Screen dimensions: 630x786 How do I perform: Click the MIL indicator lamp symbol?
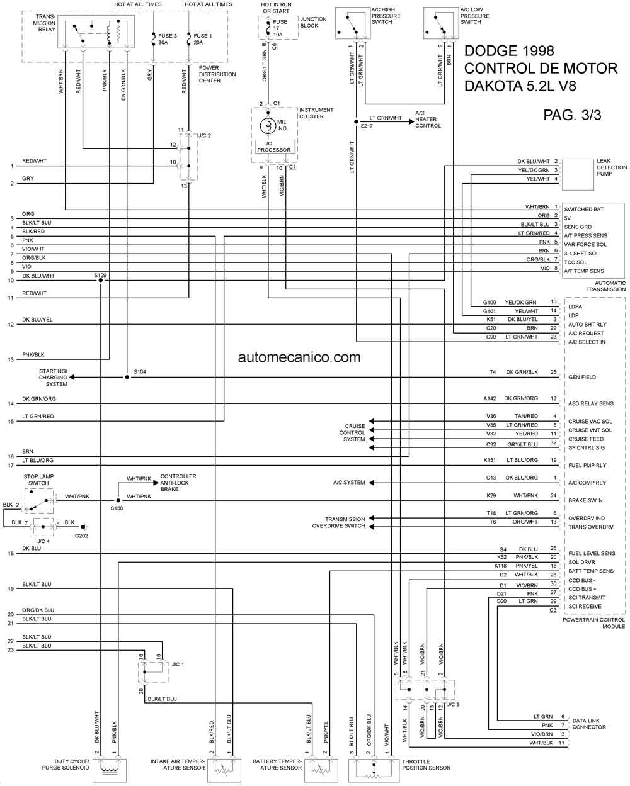coord(268,126)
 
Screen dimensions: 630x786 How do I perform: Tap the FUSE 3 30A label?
coord(167,39)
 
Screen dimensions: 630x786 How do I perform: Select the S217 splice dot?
coord(356,121)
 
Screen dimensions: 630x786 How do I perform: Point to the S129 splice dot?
coord(101,280)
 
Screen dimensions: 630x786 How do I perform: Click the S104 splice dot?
coord(127,377)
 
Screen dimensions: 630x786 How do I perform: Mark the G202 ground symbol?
coord(84,527)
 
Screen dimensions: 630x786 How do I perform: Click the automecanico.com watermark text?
coord(299,357)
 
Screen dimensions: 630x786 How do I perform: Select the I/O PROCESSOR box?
coord(275,147)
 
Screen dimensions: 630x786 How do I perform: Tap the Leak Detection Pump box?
coord(578,174)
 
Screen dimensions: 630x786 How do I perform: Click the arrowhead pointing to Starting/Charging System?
coord(72,377)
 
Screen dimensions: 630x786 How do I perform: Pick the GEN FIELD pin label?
coord(582,377)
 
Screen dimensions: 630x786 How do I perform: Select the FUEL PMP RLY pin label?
coord(587,465)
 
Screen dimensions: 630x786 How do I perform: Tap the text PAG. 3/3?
coord(572,115)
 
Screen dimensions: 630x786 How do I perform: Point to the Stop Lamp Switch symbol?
coord(39,501)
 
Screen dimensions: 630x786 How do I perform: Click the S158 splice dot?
coord(118,500)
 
